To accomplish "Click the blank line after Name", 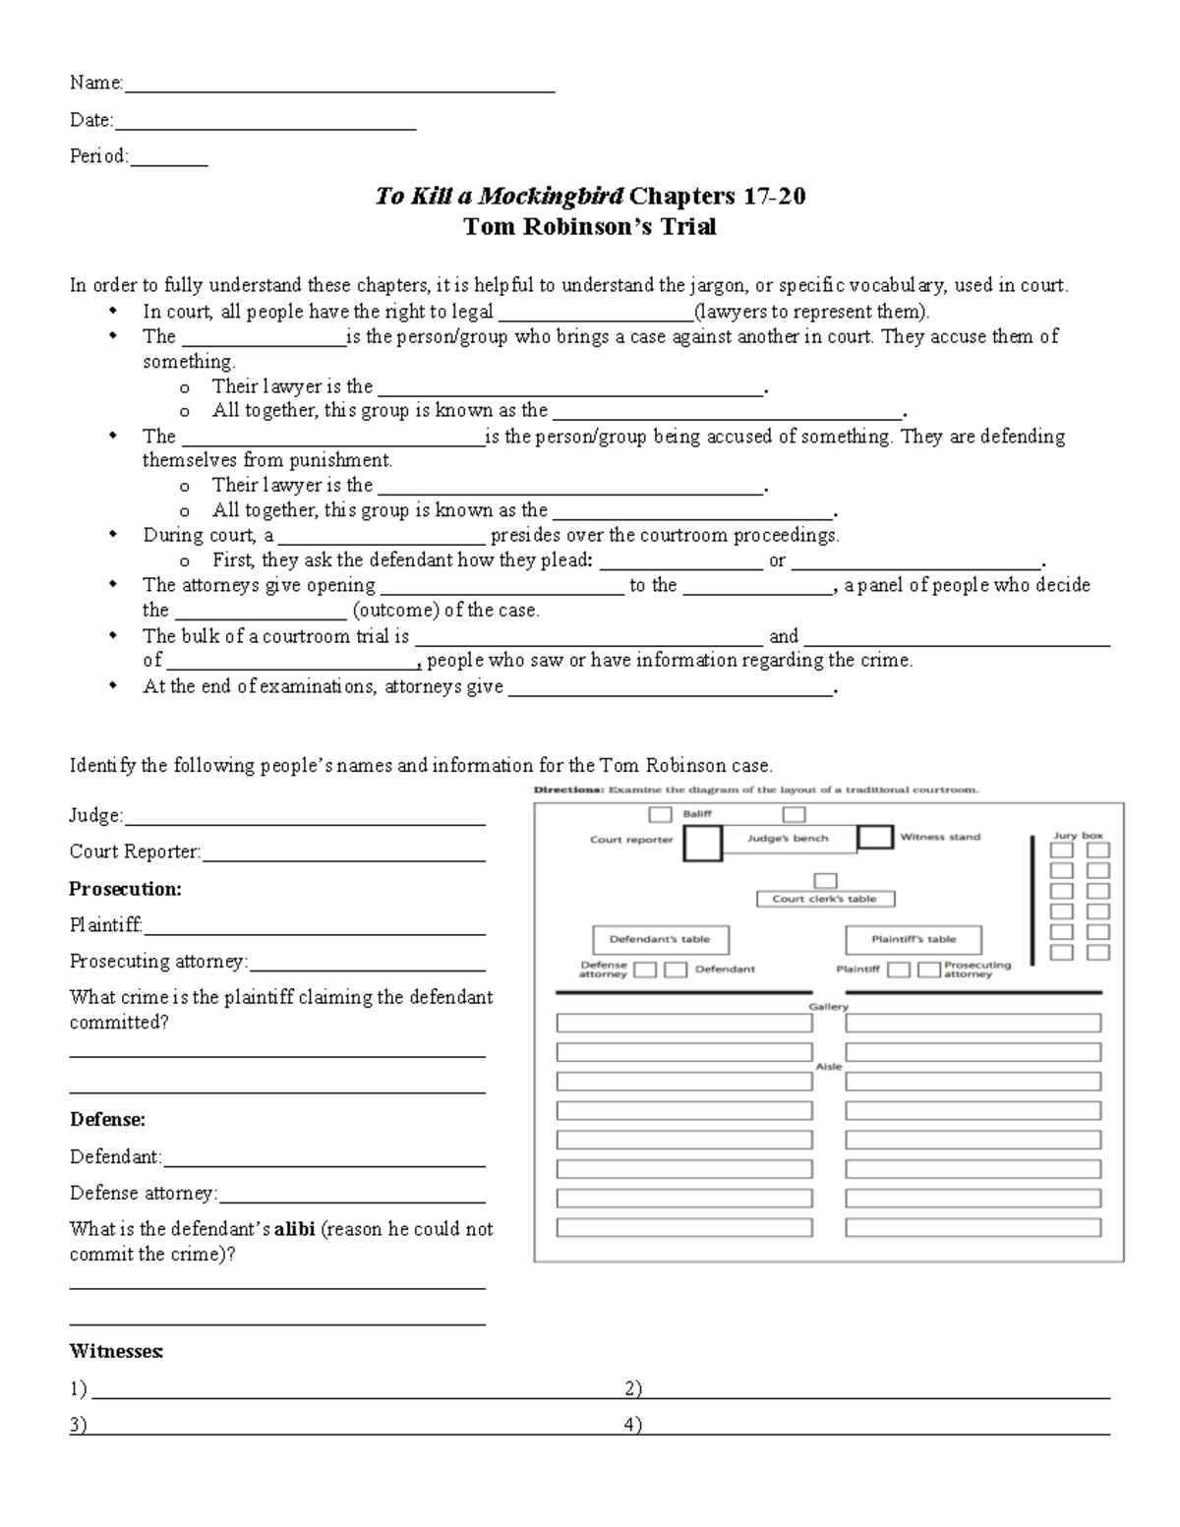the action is (x=339, y=88).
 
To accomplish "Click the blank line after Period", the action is (x=168, y=161).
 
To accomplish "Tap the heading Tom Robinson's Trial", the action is (x=590, y=227).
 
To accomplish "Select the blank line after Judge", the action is (x=305, y=821).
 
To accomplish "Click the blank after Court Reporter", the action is (x=343, y=857).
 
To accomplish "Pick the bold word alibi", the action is (x=295, y=1229).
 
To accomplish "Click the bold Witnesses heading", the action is (x=116, y=1352).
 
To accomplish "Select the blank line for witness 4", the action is (x=875, y=1431).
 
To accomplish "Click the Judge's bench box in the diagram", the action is (x=788, y=839).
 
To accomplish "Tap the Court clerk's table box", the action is (x=824, y=899).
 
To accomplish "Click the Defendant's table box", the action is (x=659, y=939).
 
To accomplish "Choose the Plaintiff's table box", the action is (x=914, y=939).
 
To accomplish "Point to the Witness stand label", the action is (x=940, y=837).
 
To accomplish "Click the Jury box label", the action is (x=1078, y=836).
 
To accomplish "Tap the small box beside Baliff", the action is (x=661, y=814).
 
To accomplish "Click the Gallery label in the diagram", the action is (x=828, y=1007).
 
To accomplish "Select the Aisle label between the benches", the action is (x=828, y=1067).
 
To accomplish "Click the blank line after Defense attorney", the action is (x=352, y=1199).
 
